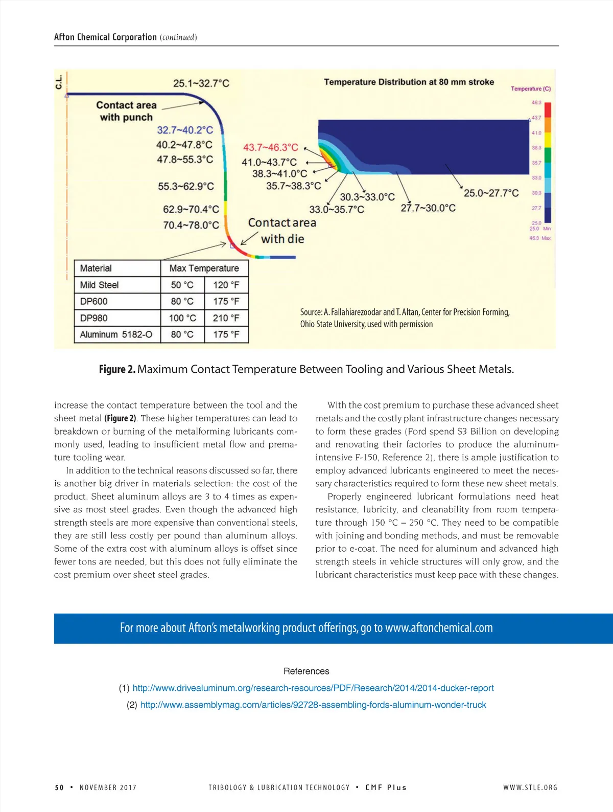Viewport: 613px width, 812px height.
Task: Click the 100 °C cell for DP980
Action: tap(182, 318)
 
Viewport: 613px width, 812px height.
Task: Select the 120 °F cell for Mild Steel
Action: tap(226, 285)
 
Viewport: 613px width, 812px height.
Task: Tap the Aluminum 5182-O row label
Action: tap(116, 334)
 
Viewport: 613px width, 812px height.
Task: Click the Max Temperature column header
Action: tap(204, 268)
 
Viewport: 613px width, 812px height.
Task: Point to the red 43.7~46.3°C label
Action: tap(270, 147)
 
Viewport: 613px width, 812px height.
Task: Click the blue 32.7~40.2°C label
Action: tap(185, 130)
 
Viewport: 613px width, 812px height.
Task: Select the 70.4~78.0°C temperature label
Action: tap(191, 225)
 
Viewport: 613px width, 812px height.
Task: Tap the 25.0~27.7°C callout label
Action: tap(491, 193)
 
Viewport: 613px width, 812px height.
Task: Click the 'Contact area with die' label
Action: tap(282, 231)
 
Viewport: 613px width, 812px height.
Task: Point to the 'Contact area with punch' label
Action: tap(126, 111)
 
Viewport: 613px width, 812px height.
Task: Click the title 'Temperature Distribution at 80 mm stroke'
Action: tap(409, 82)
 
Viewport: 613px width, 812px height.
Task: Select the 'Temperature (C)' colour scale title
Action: tap(531, 88)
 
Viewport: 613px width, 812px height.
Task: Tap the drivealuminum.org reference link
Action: tap(313, 688)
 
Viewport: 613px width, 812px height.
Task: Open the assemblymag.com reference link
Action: tap(313, 705)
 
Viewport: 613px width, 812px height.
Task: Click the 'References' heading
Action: tap(306, 671)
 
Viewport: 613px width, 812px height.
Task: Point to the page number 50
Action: tap(59, 787)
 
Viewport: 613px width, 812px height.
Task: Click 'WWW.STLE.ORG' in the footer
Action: tap(530, 787)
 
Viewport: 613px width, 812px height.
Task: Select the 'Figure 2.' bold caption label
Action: tap(117, 369)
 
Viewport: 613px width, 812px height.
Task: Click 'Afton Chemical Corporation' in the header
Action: tap(105, 37)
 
